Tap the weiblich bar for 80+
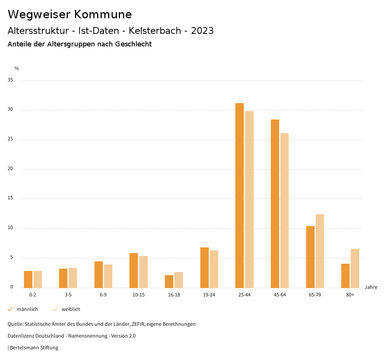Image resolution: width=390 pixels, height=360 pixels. click(355, 268)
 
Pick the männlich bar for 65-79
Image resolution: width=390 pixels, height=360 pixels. click(310, 257)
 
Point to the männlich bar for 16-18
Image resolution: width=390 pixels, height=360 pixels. click(169, 281)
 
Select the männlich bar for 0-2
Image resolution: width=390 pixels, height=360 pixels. click(28, 279)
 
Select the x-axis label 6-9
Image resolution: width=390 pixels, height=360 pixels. click(103, 295)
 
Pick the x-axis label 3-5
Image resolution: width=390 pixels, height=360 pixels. click(68, 295)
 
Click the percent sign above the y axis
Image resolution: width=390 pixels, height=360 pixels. click(17, 68)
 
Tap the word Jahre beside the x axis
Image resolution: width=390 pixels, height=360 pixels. click(371, 287)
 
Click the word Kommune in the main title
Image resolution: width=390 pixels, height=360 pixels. click(103, 14)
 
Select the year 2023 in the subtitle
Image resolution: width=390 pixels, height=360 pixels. click(202, 31)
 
